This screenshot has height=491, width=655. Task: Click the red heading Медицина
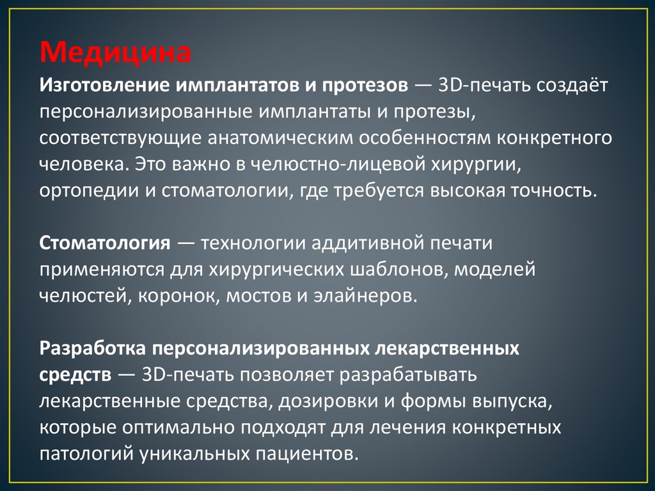116,51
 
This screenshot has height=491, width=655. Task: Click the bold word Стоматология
104,243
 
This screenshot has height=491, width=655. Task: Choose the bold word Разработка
92,348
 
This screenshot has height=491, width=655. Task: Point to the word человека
83,165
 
